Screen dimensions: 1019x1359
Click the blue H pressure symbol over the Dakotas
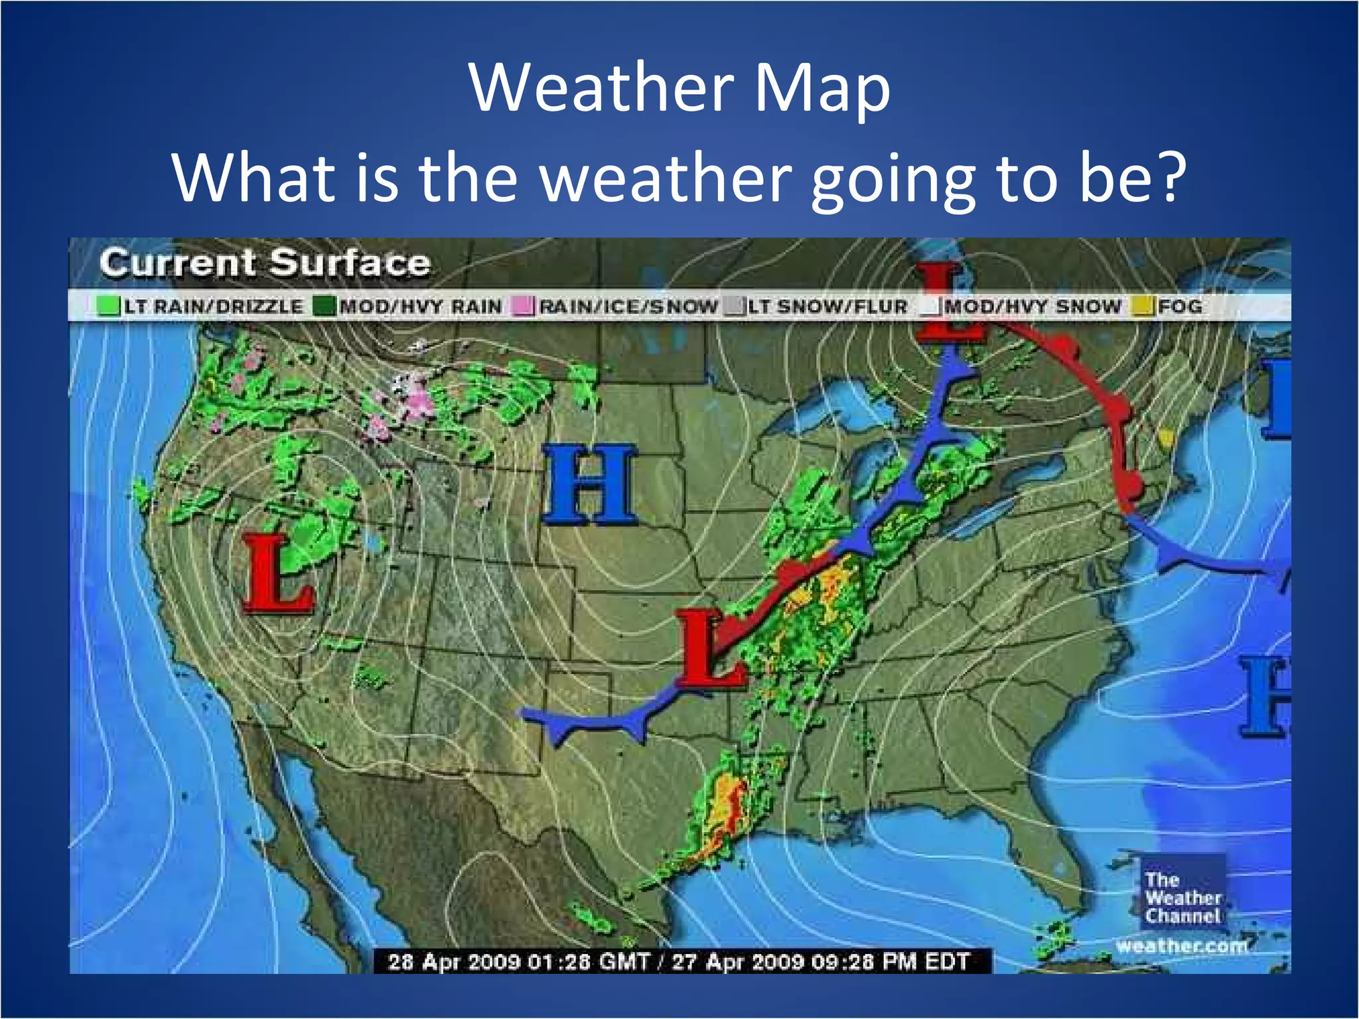[x=590, y=484]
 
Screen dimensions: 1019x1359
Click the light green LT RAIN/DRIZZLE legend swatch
[x=107, y=306]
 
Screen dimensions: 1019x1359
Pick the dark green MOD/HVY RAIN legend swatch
[x=325, y=306]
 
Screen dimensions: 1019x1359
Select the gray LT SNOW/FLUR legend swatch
[x=733, y=306]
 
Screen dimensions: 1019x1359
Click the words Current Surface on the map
[x=265, y=263]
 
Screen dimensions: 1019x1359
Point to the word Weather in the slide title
[x=601, y=88]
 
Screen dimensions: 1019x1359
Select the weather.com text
[x=1182, y=945]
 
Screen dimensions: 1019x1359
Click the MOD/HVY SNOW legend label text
[x=1033, y=306]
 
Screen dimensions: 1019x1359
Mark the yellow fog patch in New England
[x=1165, y=437]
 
